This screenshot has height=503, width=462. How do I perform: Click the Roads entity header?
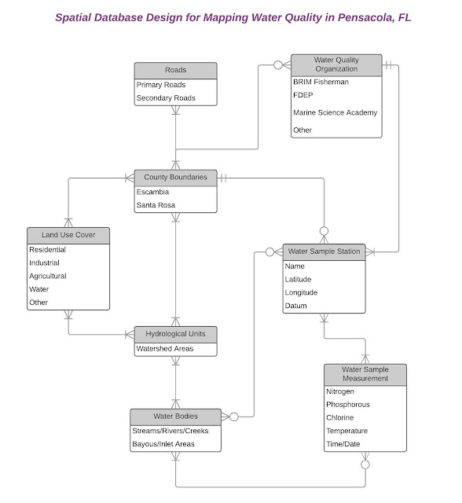click(x=175, y=70)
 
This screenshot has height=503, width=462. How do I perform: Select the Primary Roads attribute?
click(x=161, y=85)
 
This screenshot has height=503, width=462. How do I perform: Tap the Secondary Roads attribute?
click(x=166, y=98)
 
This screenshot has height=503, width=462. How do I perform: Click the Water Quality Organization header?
click(x=335, y=64)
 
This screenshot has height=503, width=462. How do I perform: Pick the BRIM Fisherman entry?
click(x=321, y=82)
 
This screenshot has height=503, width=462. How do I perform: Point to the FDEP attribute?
click(x=303, y=95)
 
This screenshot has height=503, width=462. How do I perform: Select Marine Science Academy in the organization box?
click(x=335, y=112)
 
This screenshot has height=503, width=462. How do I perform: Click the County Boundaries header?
click(x=175, y=178)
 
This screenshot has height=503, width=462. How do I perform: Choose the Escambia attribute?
click(x=152, y=192)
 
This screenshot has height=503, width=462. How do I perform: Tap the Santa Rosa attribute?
click(x=156, y=205)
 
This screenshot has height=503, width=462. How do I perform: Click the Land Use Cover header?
click(x=68, y=235)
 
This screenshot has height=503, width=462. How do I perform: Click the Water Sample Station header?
click(x=324, y=251)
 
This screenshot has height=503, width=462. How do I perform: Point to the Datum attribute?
click(x=296, y=306)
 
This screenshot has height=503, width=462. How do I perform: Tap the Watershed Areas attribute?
click(x=165, y=348)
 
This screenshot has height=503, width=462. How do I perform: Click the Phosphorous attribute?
click(x=348, y=405)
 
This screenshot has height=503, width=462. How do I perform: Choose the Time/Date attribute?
click(x=344, y=444)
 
